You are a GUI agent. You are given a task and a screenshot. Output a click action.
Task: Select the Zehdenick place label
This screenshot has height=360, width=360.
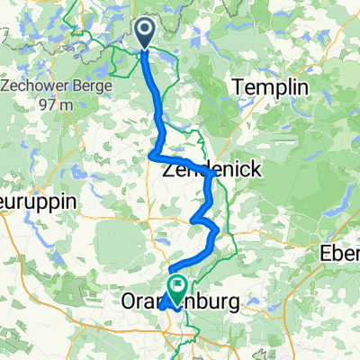pyautogui.click(x=203, y=168)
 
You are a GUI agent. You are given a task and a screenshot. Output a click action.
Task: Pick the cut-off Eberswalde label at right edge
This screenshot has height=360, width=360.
pyautogui.click(x=340, y=255)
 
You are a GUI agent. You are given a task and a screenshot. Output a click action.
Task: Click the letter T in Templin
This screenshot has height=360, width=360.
pyautogui.click(x=238, y=88)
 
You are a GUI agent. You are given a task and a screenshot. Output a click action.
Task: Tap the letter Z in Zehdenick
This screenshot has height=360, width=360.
pyautogui.click(x=167, y=168)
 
